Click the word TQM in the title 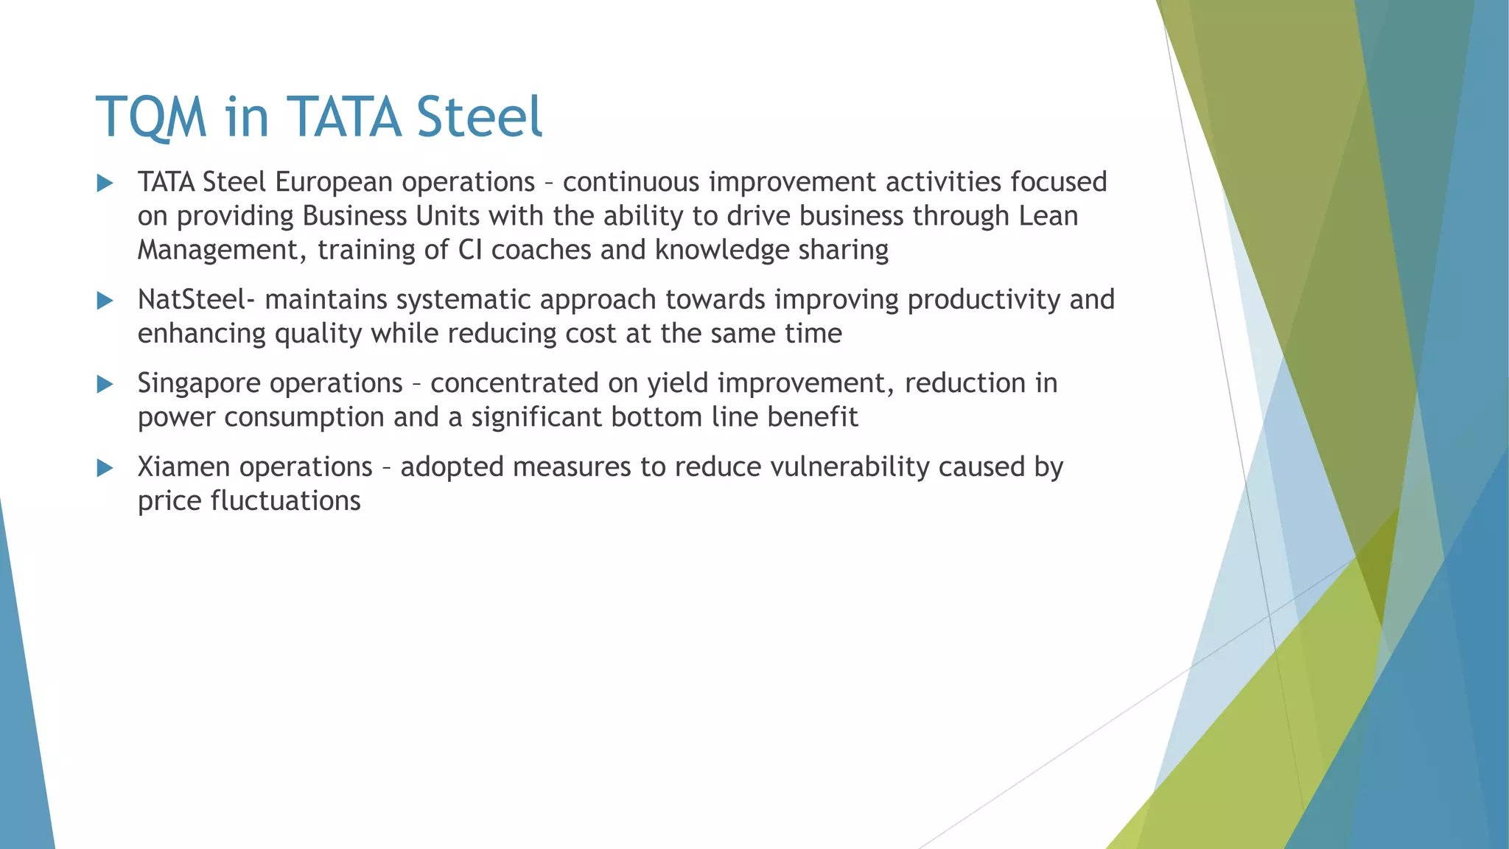click(151, 118)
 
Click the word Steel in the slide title click(479, 118)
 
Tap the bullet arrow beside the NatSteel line click(105, 301)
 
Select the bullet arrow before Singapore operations click(105, 384)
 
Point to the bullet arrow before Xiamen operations click(105, 468)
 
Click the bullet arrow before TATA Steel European click(105, 184)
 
